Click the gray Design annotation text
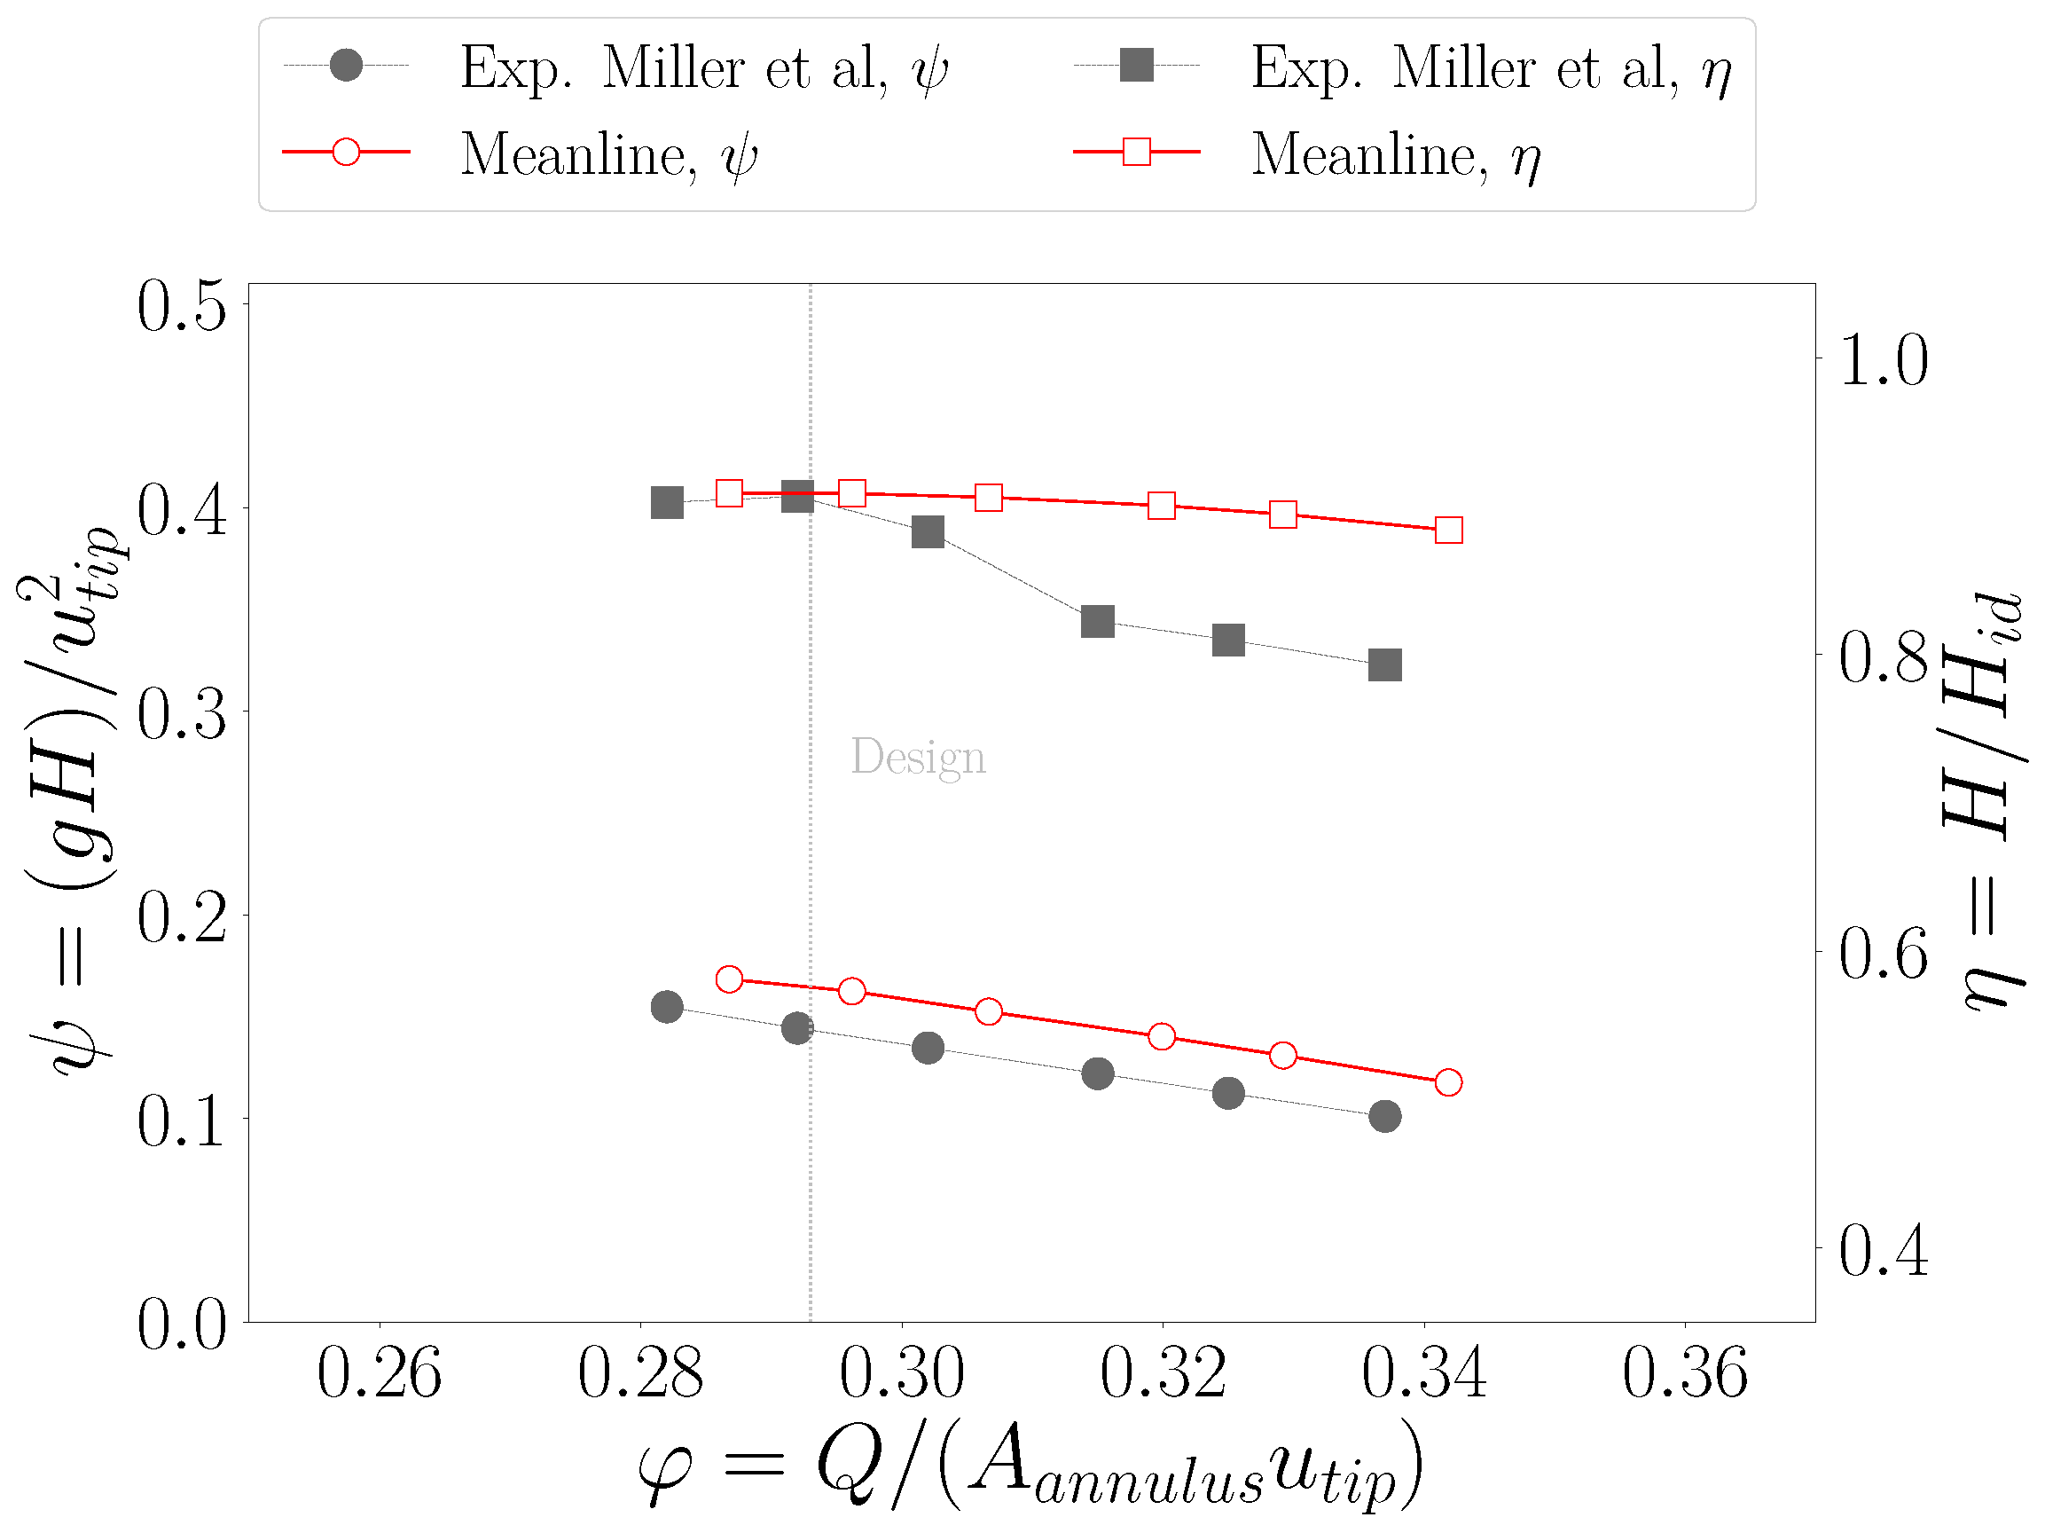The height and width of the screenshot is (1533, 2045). [917, 758]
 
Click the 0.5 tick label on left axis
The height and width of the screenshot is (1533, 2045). [181, 305]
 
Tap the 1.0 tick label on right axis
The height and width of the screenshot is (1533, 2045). [1884, 359]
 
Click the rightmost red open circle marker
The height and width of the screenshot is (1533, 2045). [1449, 1081]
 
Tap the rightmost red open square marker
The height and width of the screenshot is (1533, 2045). [1449, 530]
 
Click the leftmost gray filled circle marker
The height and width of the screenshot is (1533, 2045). [667, 1007]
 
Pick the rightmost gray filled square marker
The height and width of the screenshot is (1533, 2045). [1384, 664]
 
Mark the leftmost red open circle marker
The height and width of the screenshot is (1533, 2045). [730, 979]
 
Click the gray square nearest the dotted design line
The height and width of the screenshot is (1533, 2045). [797, 497]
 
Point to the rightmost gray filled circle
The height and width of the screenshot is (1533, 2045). [1384, 1116]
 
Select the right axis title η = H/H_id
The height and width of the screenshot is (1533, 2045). [1986, 801]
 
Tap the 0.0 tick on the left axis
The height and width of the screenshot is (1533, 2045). [181, 1324]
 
